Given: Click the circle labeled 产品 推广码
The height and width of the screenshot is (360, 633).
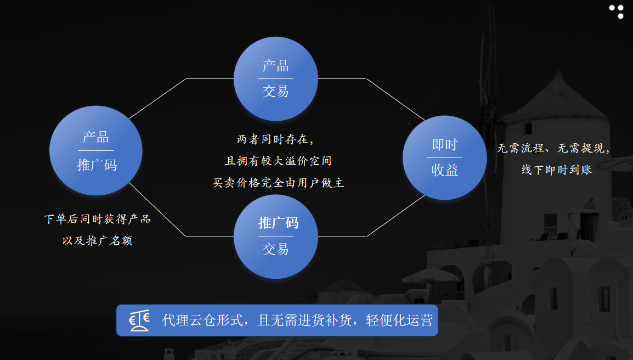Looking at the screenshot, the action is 95,151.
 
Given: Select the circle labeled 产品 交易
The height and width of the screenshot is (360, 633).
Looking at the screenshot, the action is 276,79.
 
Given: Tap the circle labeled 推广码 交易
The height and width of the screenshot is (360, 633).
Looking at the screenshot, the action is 276,237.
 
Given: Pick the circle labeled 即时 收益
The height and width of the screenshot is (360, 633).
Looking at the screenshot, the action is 444,157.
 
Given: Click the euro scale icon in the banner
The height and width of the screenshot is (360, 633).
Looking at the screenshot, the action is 139,321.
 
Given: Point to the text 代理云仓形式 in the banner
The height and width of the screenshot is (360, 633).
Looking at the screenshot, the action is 202,320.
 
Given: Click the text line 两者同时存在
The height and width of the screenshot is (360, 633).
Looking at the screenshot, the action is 275,139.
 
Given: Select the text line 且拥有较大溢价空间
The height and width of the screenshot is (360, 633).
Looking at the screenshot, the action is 278,161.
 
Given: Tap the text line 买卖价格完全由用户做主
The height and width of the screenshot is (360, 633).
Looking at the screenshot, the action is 278,183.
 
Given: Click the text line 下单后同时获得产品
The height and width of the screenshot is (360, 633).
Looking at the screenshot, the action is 97,219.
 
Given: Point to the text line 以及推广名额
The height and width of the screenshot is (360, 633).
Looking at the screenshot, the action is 97,241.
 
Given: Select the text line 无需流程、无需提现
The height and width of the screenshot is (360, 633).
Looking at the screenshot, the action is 553,148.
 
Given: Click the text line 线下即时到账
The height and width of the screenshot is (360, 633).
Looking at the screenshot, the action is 557,170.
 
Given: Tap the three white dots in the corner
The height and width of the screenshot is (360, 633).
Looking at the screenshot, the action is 617,12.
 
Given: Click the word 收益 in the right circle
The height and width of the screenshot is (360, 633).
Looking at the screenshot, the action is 444,170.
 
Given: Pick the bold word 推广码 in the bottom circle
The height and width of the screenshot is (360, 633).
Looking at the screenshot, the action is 278,223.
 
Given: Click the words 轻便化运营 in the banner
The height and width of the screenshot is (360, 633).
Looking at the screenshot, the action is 399,320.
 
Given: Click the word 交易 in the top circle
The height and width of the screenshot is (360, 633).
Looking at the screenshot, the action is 276,91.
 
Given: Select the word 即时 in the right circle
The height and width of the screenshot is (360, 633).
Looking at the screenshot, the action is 444,144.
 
